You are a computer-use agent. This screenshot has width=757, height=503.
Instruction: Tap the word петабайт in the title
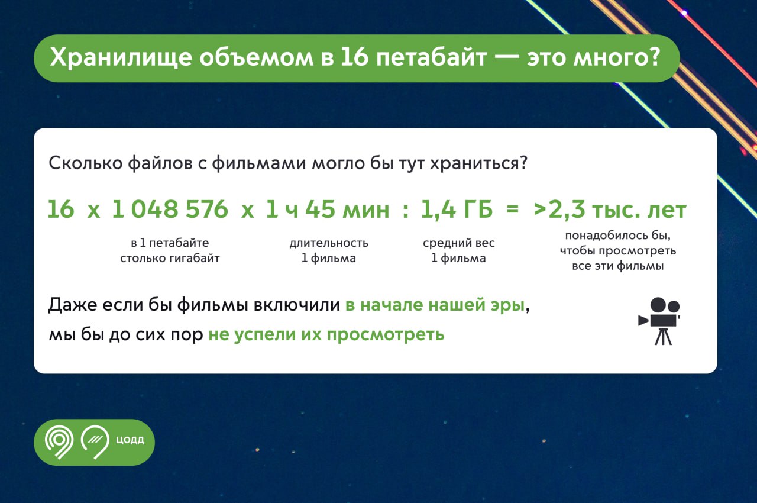(x=431, y=57)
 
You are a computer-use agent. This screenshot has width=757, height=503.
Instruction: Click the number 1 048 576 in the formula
(x=170, y=209)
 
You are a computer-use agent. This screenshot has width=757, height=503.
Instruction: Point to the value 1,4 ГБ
(x=457, y=209)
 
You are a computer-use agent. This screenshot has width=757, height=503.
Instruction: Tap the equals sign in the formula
(x=513, y=209)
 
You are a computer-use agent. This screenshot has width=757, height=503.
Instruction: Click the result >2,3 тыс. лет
(x=610, y=209)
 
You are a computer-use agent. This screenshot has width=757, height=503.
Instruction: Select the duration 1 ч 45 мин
(x=327, y=209)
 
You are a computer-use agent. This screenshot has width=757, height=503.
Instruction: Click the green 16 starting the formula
(x=61, y=209)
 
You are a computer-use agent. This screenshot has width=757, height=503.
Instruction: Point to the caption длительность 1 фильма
(x=329, y=250)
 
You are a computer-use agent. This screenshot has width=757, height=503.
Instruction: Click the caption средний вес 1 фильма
(x=458, y=250)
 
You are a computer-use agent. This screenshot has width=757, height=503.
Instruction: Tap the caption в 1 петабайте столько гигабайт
(x=170, y=250)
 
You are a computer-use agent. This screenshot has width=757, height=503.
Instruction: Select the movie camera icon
(x=659, y=321)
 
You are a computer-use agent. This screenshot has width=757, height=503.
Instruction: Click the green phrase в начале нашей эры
(x=435, y=305)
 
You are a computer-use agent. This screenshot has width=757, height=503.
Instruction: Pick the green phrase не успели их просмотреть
(x=326, y=335)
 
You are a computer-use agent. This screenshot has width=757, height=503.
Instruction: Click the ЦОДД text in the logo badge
(x=130, y=440)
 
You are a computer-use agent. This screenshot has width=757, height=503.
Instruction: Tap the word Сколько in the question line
(x=86, y=163)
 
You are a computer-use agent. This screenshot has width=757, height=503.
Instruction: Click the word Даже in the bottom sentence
(x=72, y=305)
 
